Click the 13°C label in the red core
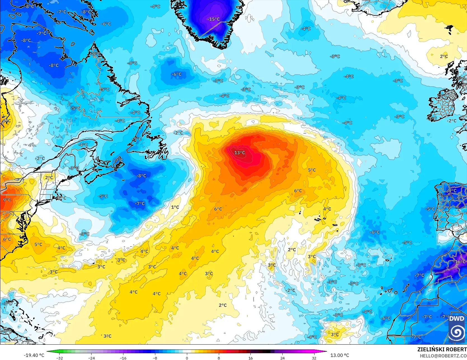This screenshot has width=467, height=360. (x=240, y=153)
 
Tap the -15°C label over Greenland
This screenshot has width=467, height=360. (x=213, y=19)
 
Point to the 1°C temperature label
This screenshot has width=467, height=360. (x=175, y=207)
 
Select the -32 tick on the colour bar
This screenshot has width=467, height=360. (x=59, y=358)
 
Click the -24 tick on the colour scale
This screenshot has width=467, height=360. (x=91, y=358)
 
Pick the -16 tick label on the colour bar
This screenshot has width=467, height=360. (x=123, y=358)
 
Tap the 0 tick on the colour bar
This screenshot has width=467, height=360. (x=187, y=358)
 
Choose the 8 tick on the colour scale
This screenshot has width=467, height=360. (x=219, y=358)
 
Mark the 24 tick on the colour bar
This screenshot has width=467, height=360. (x=283, y=358)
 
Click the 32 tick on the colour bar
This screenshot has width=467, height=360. (x=314, y=358)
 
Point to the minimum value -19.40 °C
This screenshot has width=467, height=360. (x=34, y=355)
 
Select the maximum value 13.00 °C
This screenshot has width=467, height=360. (x=340, y=355)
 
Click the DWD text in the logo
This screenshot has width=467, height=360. (x=457, y=319)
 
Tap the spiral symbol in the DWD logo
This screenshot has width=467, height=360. (x=457, y=333)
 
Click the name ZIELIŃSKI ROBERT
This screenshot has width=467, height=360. (x=442, y=349)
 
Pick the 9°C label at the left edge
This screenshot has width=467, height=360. (x=7, y=200)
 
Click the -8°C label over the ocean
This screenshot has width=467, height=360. (x=141, y=176)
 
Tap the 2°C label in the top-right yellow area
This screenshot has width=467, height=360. (x=444, y=57)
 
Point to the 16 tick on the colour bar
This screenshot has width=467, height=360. (x=250, y=358)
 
